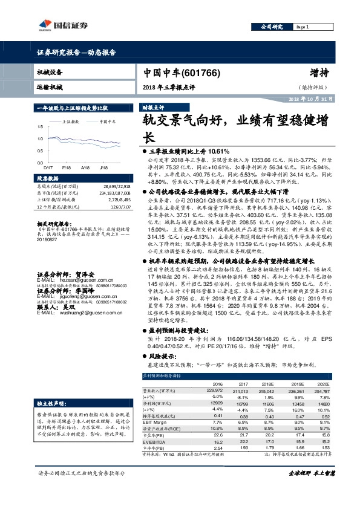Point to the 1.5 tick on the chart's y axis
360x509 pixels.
pyautogui.click(x=40, y=126)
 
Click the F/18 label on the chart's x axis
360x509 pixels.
pyautogui.click(x=67, y=166)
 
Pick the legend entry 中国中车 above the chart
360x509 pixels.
pyautogui.click(x=108, y=121)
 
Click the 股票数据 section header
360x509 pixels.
pyautogui.click(x=48, y=178)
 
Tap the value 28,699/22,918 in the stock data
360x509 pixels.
pyautogui.click(x=116, y=187)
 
